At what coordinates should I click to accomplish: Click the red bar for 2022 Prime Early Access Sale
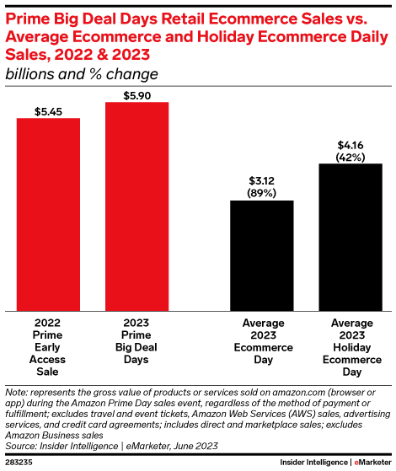click(49, 214)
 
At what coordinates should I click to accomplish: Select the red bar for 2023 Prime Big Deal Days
click(136, 206)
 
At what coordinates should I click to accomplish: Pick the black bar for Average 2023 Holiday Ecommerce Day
click(351, 237)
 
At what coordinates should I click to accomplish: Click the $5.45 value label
click(49, 110)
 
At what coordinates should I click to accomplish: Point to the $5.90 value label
click(136, 94)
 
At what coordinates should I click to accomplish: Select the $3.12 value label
click(262, 180)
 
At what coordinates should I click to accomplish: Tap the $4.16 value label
click(351, 144)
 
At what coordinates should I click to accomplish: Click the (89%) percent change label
click(262, 192)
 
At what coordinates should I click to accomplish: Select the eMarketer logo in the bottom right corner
click(372, 463)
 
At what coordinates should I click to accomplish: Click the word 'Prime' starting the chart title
click(28, 14)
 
